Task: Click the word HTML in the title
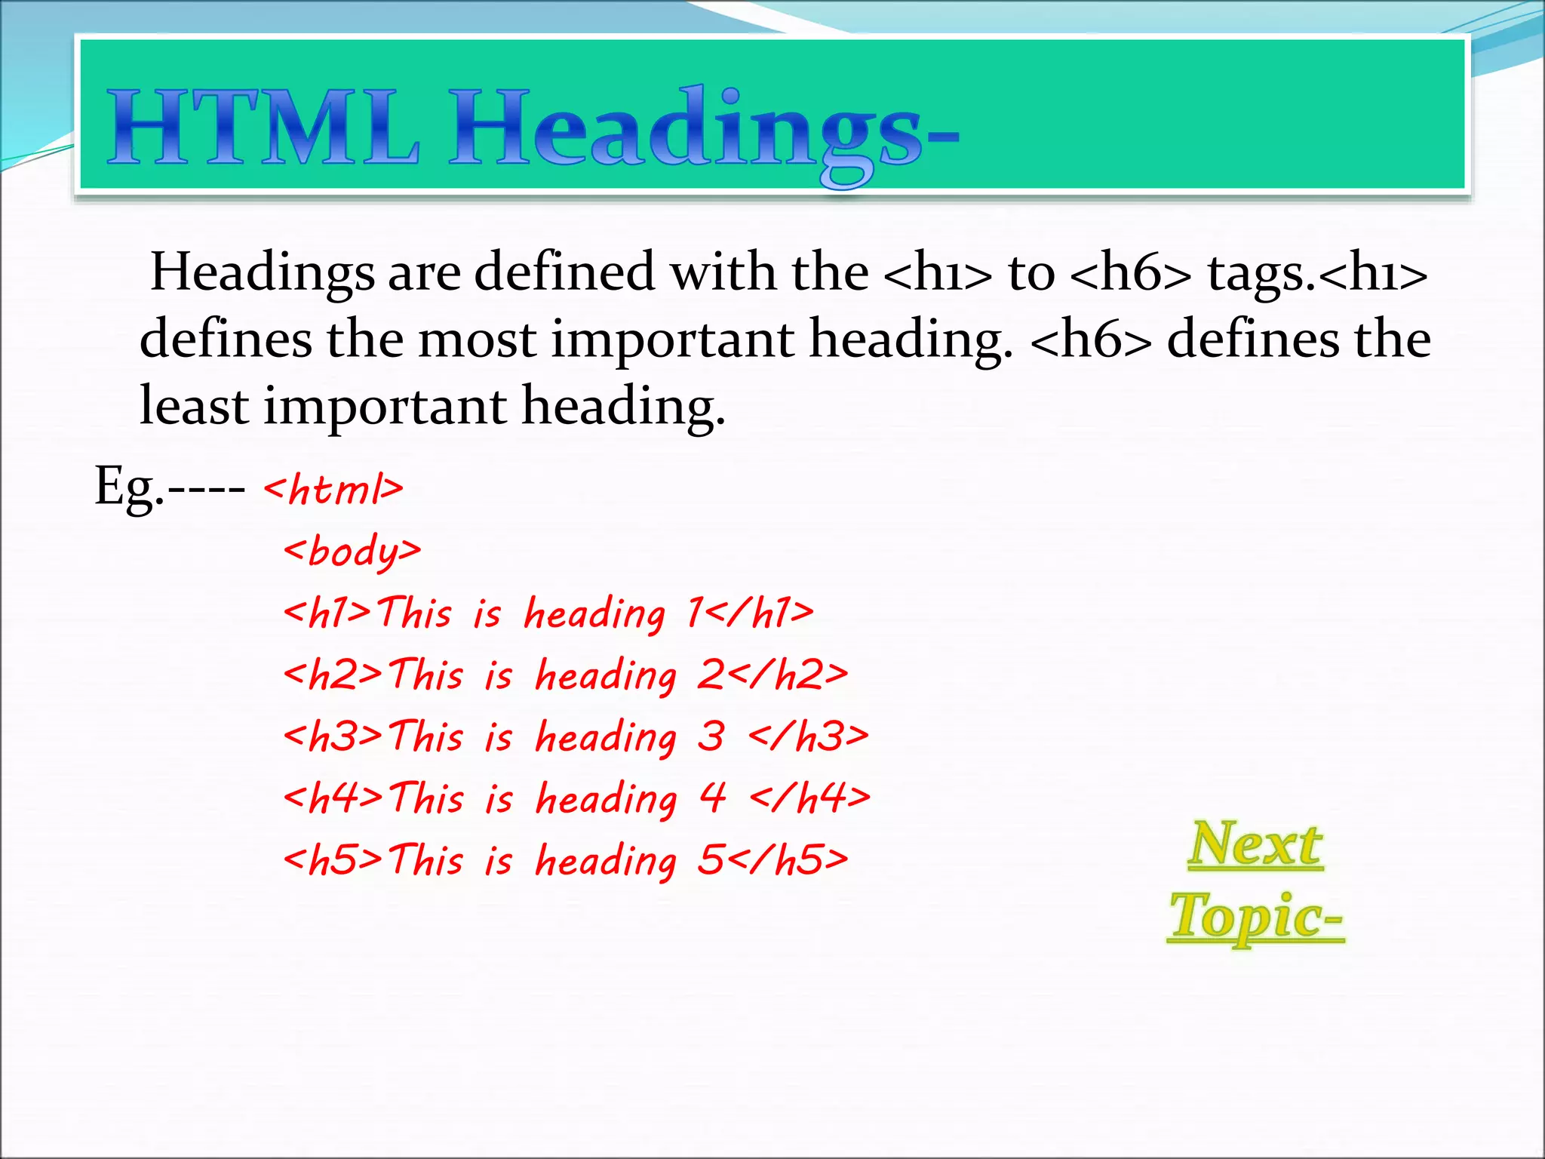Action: [x=263, y=128]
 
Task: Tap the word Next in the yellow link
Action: [x=1255, y=844]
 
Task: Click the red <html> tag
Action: [x=333, y=489]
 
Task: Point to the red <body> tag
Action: [x=352, y=551]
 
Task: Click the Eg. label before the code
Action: [x=128, y=487]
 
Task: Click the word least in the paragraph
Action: [x=194, y=406]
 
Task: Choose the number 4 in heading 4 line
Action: [x=712, y=798]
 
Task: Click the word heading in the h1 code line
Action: [x=595, y=613]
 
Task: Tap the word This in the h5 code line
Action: [x=426, y=859]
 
